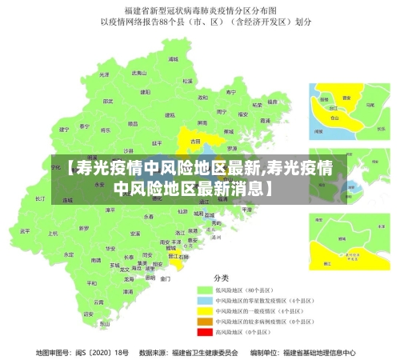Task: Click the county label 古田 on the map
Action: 194,140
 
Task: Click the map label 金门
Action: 166,279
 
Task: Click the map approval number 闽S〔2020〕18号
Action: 82,352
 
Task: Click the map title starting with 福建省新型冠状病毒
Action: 199,10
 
